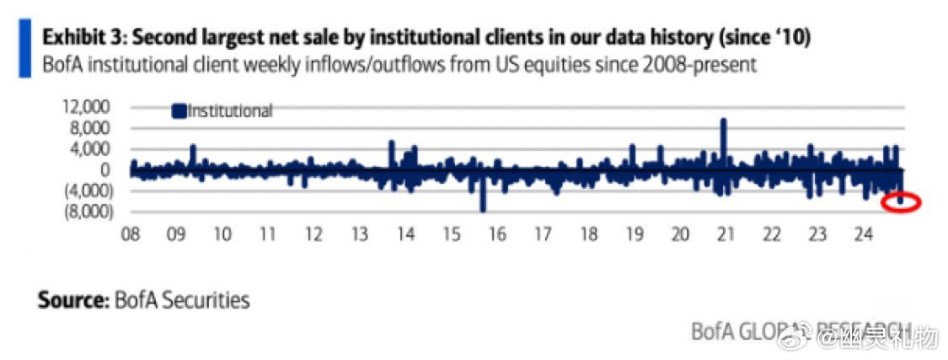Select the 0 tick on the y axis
click(x=104, y=169)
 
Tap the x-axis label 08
click(x=131, y=234)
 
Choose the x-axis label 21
click(x=726, y=234)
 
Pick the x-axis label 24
click(x=864, y=234)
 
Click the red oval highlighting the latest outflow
click(x=902, y=202)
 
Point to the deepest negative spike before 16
click(x=484, y=207)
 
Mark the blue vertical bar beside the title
click(x=25, y=50)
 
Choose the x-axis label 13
click(x=359, y=234)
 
